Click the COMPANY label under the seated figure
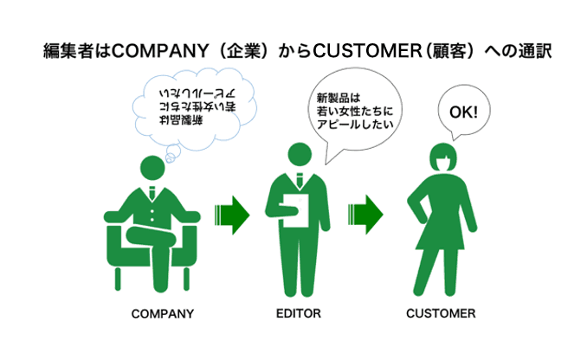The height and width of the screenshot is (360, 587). [161, 312]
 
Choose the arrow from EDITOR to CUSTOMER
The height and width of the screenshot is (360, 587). [364, 213]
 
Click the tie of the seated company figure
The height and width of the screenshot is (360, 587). [152, 191]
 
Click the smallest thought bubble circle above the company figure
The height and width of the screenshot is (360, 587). [171, 158]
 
